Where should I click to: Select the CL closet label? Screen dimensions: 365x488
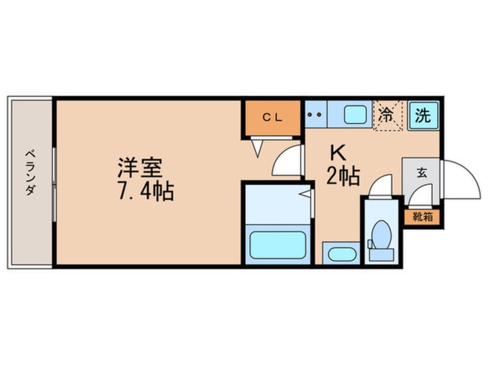[x=272, y=117]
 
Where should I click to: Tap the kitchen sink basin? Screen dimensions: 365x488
[x=356, y=115]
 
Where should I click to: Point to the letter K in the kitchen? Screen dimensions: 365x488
[x=337, y=154]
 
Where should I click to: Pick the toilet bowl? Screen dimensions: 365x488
[x=381, y=235]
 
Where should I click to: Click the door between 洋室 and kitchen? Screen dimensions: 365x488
[x=288, y=161]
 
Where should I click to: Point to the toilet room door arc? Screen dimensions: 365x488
[x=381, y=187]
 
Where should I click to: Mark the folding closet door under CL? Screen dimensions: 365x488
[x=257, y=147]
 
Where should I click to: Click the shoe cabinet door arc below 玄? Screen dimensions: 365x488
[x=419, y=198]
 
